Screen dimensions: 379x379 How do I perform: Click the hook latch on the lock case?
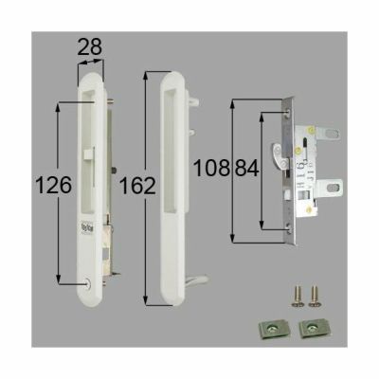pyautogui.click(x=280, y=153)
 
